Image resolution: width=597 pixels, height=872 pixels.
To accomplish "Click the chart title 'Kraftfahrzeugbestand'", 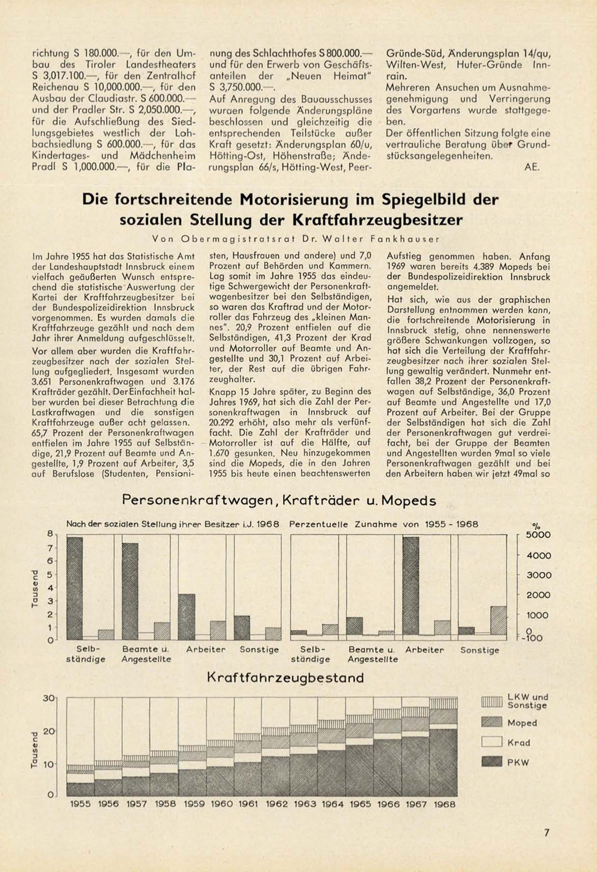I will point(286,678).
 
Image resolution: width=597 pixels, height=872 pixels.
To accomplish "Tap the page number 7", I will point(547,833).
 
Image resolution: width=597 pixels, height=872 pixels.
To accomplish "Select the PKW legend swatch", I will point(492,762).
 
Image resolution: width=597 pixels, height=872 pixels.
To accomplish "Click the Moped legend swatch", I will point(492,722).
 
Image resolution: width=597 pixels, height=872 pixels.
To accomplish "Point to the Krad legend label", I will point(519,743).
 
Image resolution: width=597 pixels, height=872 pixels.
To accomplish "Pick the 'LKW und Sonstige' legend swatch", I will point(492,701).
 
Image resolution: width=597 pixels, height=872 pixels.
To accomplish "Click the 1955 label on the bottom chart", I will point(80,804).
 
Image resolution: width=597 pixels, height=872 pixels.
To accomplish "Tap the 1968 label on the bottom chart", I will point(444,804).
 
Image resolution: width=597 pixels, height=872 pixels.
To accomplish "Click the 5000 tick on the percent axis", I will point(538,535).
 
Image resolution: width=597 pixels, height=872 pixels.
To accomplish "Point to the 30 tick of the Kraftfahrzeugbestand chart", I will point(49,698).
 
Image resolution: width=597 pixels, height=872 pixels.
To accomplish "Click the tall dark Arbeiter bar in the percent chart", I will point(411,586).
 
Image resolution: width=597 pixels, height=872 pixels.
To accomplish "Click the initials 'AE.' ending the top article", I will point(531,167).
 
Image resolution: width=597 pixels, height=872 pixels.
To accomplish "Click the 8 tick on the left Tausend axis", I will point(50,534).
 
